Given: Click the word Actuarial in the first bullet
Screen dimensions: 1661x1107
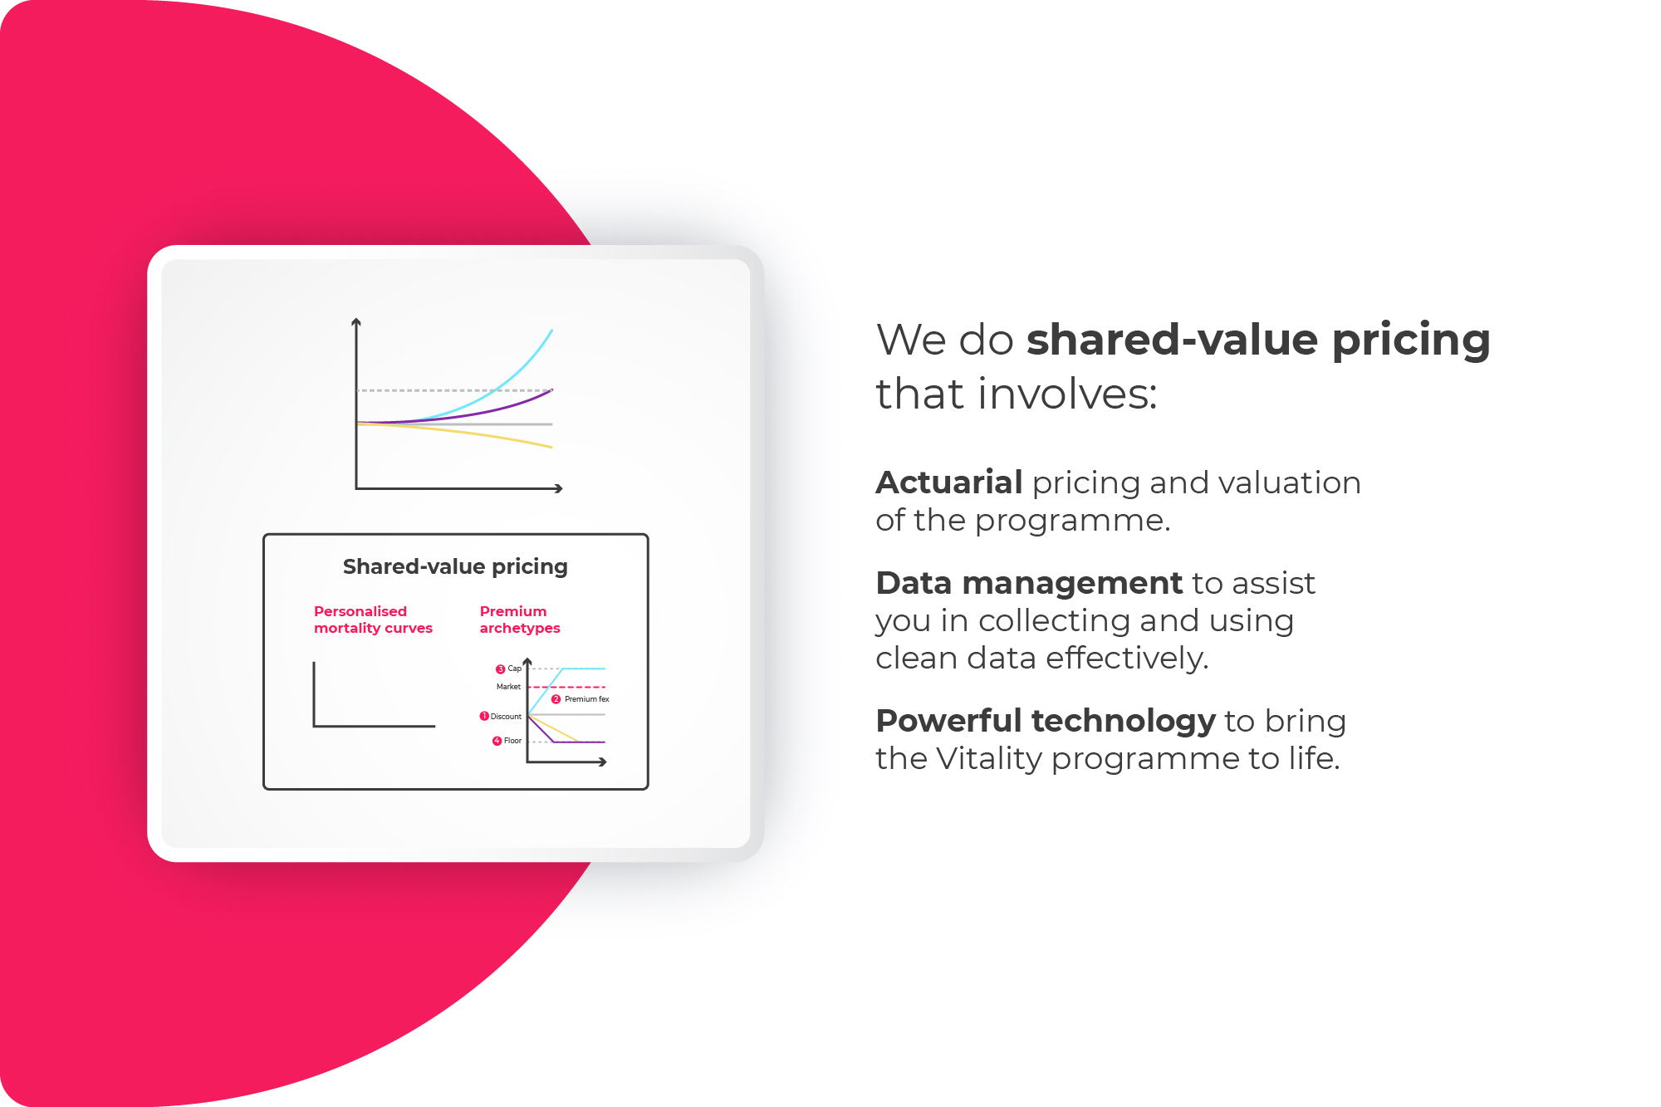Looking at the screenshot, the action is (x=949, y=482).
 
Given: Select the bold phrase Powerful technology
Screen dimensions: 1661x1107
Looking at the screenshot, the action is (x=1046, y=721).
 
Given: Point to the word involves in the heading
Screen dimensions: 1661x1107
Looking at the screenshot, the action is (x=1067, y=394).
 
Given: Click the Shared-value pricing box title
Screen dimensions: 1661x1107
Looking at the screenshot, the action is (x=455, y=567).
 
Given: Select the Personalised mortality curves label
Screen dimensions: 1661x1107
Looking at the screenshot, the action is (x=373, y=620).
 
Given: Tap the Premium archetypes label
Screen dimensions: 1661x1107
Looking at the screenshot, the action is (x=520, y=620).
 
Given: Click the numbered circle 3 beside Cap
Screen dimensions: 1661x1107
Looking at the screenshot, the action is (x=500, y=669).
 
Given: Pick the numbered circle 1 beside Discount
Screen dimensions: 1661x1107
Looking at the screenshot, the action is (x=484, y=716).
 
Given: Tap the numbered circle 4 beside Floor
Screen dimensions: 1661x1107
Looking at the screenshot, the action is (x=497, y=741).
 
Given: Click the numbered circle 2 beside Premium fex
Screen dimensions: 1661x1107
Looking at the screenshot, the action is (x=556, y=699).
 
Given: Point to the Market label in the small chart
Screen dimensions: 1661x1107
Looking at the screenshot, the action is (x=508, y=687).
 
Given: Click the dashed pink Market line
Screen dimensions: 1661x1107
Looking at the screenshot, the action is (x=566, y=687).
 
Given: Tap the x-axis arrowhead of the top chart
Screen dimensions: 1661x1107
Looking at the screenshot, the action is (x=559, y=488).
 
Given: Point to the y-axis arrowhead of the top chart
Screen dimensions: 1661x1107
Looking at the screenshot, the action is (x=356, y=322).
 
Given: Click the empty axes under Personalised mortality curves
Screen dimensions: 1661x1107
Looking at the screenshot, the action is (x=314, y=698).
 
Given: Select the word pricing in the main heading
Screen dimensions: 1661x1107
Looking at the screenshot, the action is (x=1411, y=340).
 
